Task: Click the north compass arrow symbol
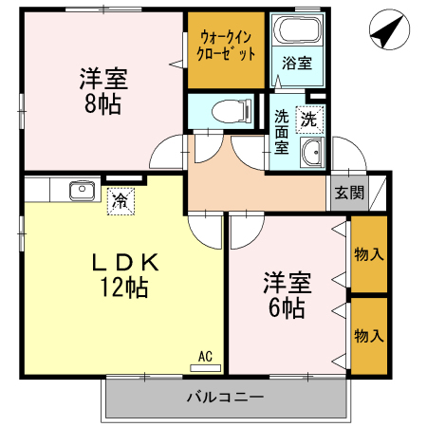pyautogui.click(x=389, y=29)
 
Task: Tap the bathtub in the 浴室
pyautogui.click(x=297, y=29)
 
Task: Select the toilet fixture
pyautogui.click(x=232, y=111)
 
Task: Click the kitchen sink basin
pyautogui.click(x=82, y=191)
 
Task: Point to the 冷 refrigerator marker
pyautogui.click(x=121, y=201)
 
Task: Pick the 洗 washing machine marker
pyautogui.click(x=309, y=120)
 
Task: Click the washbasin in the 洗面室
pyautogui.click(x=312, y=152)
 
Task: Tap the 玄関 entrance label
pyautogui.click(x=349, y=193)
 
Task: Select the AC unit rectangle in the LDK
pyautogui.click(x=205, y=368)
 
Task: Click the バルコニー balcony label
pyautogui.click(x=225, y=397)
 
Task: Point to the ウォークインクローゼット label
pyautogui.click(x=226, y=46)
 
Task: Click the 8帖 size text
pyautogui.click(x=102, y=104)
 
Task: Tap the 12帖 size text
pyautogui.click(x=124, y=288)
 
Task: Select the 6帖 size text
pyautogui.click(x=287, y=308)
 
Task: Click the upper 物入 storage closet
pyautogui.click(x=369, y=254)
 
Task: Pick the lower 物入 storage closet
pyautogui.click(x=369, y=336)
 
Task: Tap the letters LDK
pyautogui.click(x=125, y=263)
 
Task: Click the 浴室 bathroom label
pyautogui.click(x=297, y=63)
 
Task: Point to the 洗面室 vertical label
pyautogui.click(x=281, y=132)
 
